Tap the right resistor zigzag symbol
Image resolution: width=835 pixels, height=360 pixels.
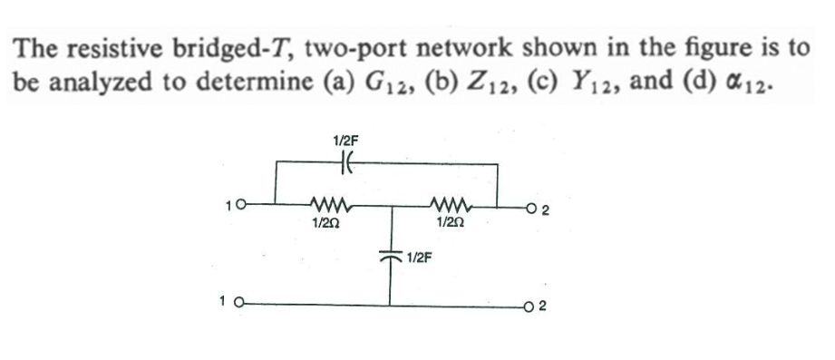451,201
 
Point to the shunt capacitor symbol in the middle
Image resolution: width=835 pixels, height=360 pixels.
392,259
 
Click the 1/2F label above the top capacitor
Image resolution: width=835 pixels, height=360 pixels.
346,141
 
